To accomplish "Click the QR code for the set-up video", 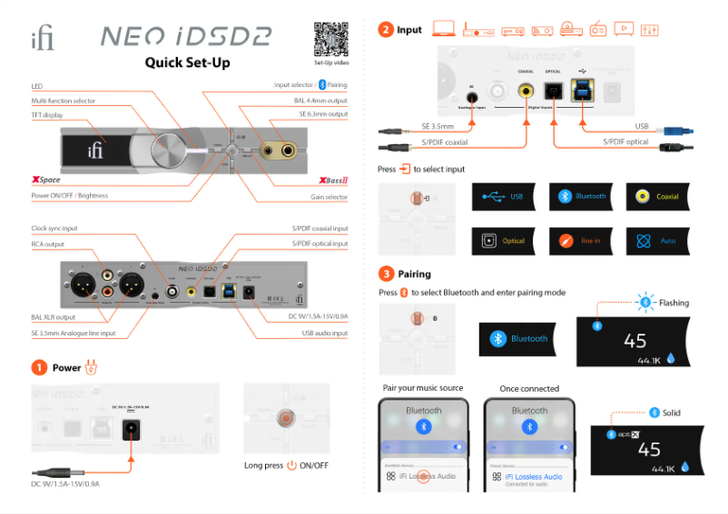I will pos(330,38).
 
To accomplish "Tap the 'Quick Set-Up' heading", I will pos(188,63).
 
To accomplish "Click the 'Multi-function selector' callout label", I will pos(64,101).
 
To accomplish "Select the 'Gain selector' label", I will pos(329,197).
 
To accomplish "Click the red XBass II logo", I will pos(329,180).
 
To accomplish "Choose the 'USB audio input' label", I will pos(324,333).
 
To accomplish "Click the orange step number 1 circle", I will pos(39,368).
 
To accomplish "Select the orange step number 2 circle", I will pos(386,30).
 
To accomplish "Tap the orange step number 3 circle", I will pos(386,273).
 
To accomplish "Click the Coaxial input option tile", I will pos(656,196).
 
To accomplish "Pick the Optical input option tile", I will pos(503,241).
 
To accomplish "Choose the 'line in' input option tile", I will pos(580,241).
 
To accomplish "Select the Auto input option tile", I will pos(656,241).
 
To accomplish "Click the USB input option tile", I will pos(503,196).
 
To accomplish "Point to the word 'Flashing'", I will pos(674,303).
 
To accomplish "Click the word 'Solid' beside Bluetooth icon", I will pos(671,412).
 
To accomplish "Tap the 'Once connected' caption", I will pos(529,388).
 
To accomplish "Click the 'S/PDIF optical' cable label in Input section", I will pos(626,142).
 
